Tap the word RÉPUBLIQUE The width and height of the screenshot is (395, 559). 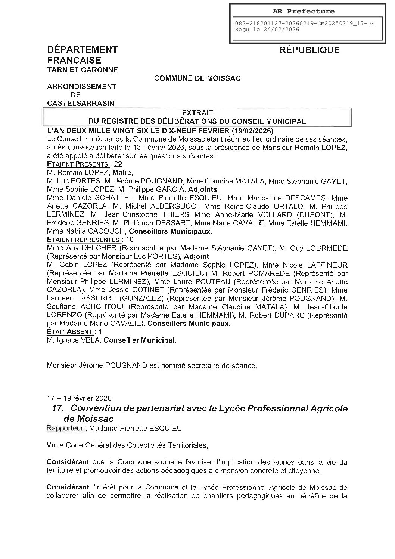pyautogui.click(x=310, y=50)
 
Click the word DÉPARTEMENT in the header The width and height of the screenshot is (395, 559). pyautogui.click(x=82, y=50)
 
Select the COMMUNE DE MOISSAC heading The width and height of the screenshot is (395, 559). pyautogui.click(x=197, y=78)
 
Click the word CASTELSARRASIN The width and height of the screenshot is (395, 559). pyautogui.click(x=81, y=103)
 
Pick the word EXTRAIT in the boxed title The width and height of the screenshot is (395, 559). pyautogui.click(x=197, y=112)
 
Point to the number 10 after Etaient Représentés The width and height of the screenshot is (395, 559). pyautogui.click(x=130, y=240)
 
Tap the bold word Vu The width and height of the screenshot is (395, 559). pyautogui.click(x=50, y=445)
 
